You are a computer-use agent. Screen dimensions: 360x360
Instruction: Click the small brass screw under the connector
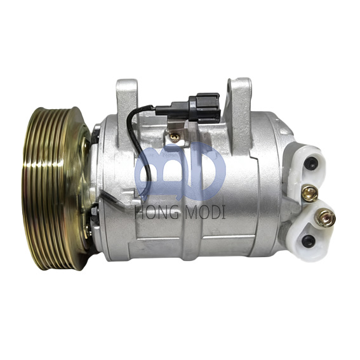click(x=175, y=135)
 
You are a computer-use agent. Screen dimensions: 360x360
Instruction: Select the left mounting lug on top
click(x=127, y=95)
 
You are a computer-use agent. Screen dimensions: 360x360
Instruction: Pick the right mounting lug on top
click(x=240, y=95)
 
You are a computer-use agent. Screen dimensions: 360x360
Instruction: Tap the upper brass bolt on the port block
click(x=310, y=194)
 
